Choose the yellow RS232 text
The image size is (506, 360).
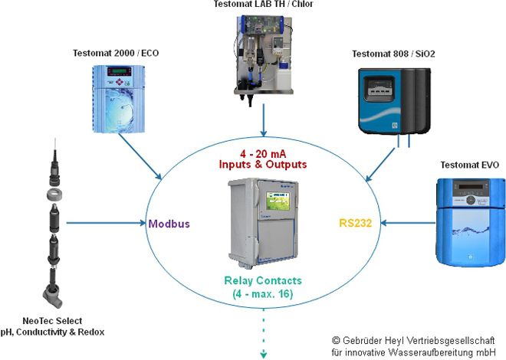pos(356,225)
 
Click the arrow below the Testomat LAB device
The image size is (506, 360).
pos(263,122)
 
